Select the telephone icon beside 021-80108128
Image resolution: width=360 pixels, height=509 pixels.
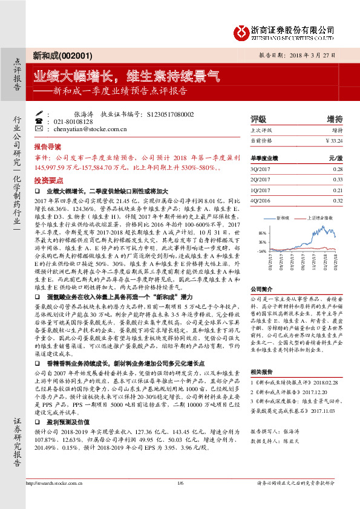40,122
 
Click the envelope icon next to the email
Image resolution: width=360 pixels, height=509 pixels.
40,129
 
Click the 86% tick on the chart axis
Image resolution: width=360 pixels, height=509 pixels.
262,232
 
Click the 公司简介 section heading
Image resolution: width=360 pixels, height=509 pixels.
263,289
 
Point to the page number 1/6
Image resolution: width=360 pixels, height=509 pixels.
180,499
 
